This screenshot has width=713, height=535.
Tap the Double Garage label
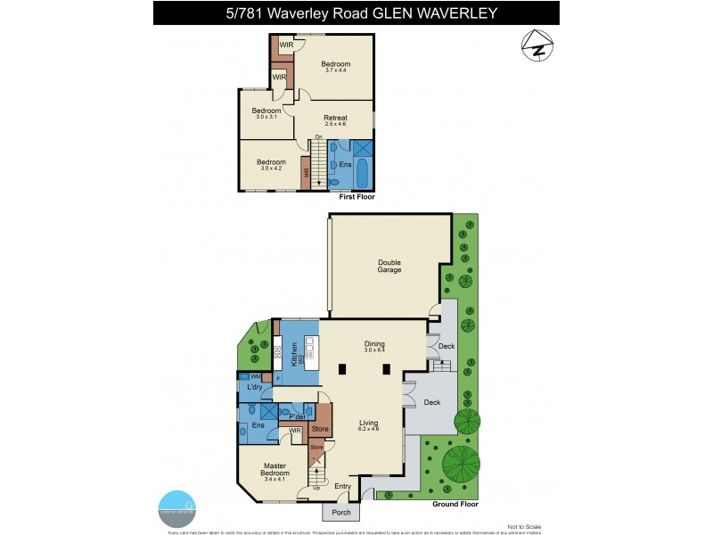coord(389,266)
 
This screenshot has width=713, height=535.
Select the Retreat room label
coord(335,121)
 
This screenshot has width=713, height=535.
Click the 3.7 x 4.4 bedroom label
coord(336,67)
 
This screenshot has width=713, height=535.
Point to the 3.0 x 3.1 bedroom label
coord(266,113)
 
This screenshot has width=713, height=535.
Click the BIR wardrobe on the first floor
coord(306,173)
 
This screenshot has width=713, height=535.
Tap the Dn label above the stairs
coord(318,136)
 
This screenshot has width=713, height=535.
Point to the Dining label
coord(373,345)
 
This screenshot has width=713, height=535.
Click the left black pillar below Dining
coord(342,370)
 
